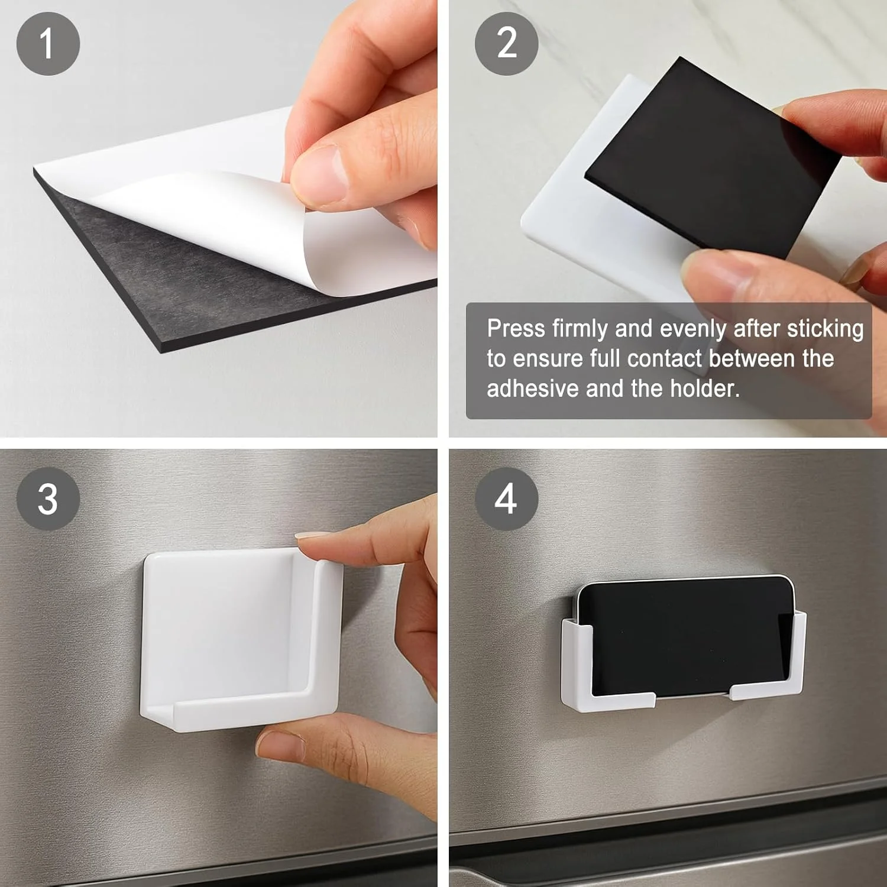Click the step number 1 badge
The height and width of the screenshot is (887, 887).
[x=48, y=44]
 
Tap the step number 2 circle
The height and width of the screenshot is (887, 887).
[x=506, y=44]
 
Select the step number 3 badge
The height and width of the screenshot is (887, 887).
[x=48, y=498]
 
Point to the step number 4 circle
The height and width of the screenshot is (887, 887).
[x=506, y=498]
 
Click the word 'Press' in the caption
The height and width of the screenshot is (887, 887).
[x=516, y=328]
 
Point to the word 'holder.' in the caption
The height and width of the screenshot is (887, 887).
[x=704, y=389]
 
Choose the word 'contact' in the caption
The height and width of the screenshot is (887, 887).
[x=664, y=359]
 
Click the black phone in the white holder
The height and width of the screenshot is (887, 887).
[x=683, y=636]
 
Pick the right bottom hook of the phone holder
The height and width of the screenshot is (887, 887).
[x=766, y=692]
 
